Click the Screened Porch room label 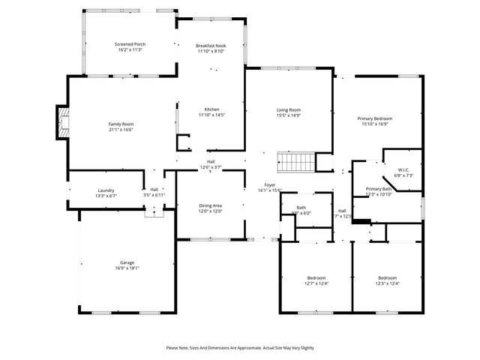pyautogui.click(x=130, y=45)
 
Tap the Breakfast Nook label pyautogui.click(x=211, y=46)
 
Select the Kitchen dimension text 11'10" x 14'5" pyautogui.click(x=211, y=115)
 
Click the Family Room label pyautogui.click(x=121, y=124)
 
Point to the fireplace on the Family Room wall pyautogui.click(x=61, y=123)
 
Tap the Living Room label pyautogui.click(x=289, y=110)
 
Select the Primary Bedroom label pyautogui.click(x=374, y=118)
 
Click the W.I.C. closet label pyautogui.click(x=403, y=169)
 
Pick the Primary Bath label pyautogui.click(x=379, y=189)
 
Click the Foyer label pyautogui.click(x=269, y=184)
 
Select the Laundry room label pyautogui.click(x=106, y=190)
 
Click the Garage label pyautogui.click(x=126, y=262)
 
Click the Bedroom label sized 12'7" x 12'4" pyautogui.click(x=316, y=277)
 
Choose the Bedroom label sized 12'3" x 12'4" pyautogui.click(x=387, y=277)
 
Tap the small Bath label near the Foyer pyautogui.click(x=301, y=208)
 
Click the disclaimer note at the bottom pyautogui.click(x=240, y=348)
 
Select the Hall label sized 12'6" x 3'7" pyautogui.click(x=211, y=162)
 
